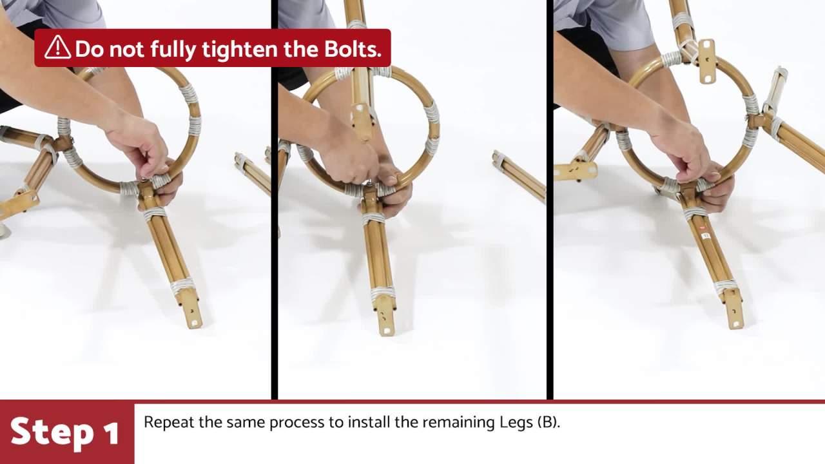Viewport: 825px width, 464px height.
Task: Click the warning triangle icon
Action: coord(57,48)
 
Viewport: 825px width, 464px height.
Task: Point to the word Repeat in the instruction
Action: coord(168,422)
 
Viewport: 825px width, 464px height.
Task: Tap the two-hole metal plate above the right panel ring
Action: coord(706,61)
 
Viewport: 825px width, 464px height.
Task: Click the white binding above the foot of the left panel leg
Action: coord(182,285)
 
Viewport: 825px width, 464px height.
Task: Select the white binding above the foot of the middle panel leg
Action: coord(383,293)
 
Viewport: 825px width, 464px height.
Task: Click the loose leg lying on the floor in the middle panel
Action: coord(519,176)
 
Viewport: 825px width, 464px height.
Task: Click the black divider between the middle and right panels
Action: coord(550,200)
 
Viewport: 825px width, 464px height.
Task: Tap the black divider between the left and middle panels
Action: coord(275,200)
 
